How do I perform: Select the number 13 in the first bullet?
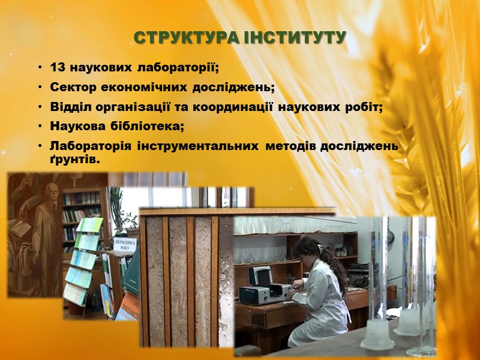click(x=56, y=66)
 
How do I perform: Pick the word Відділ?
click(x=68, y=107)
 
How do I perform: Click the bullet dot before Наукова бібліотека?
click(x=39, y=127)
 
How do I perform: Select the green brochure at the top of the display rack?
click(x=91, y=225)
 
